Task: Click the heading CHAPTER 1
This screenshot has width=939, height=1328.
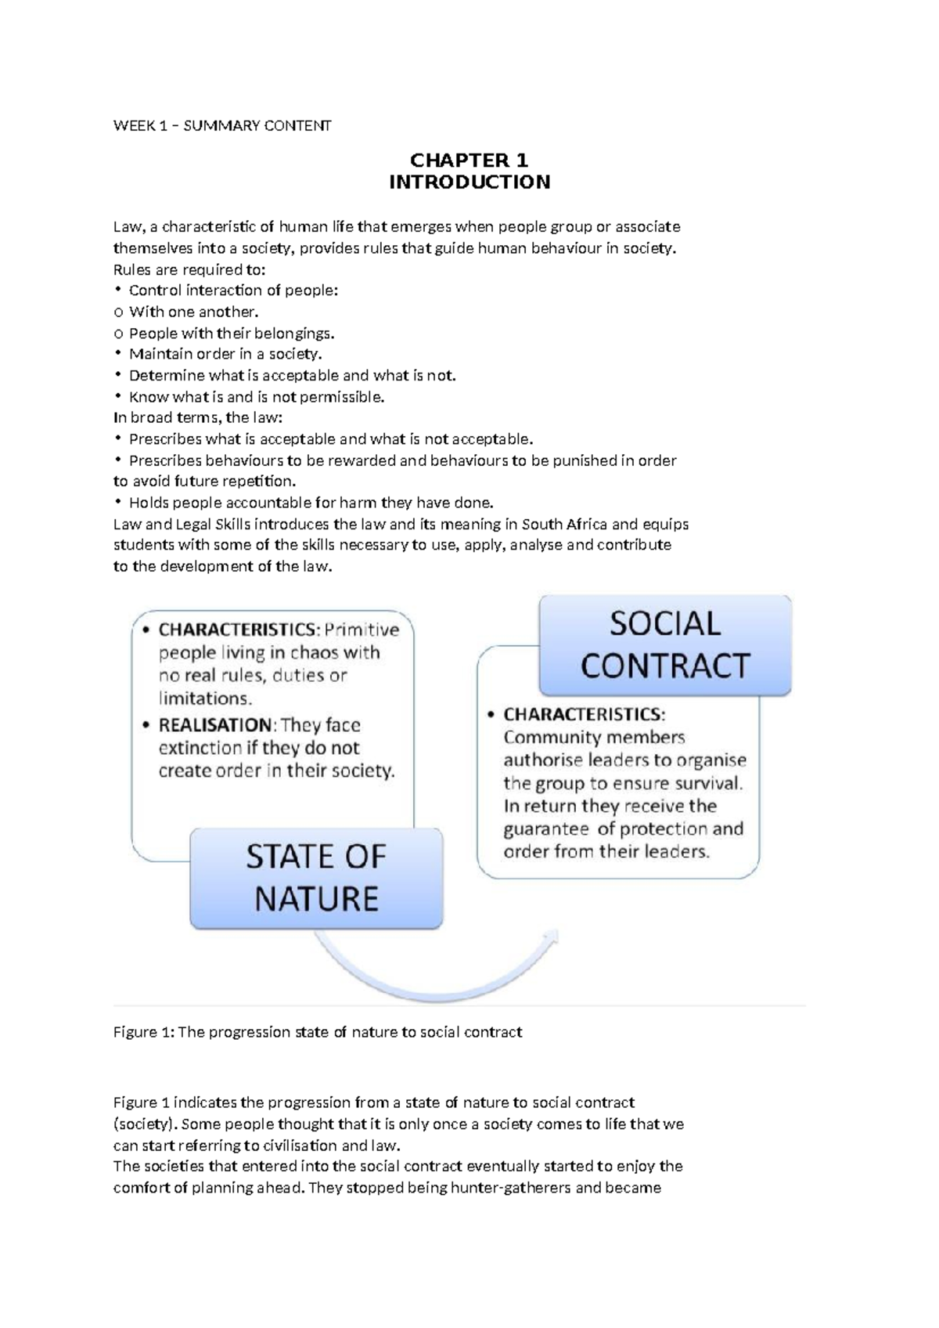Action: [x=469, y=161]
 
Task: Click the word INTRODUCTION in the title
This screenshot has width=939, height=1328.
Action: [x=469, y=182]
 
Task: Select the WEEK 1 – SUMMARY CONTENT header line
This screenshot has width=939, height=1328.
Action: [x=222, y=125]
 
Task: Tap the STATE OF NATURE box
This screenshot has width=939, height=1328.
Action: [x=316, y=878]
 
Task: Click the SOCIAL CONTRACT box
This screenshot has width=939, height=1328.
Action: [x=665, y=644]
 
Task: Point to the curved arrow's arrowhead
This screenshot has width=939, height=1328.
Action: [x=551, y=936]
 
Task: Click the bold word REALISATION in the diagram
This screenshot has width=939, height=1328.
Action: [x=215, y=725]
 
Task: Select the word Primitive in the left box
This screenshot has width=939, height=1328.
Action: [x=362, y=630]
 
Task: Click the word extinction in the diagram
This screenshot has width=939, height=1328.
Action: [x=200, y=748]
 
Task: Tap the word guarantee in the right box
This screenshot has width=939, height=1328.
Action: [x=546, y=828]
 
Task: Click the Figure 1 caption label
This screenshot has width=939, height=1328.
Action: [x=143, y=1032]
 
